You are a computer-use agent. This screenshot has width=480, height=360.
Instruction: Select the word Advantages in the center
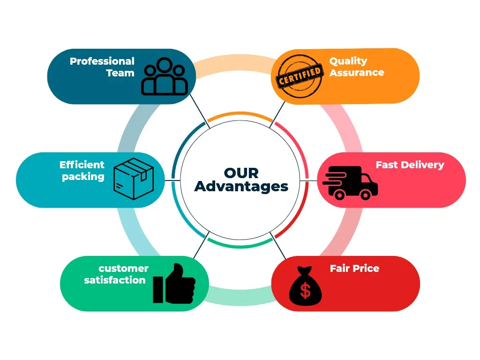click(241, 186)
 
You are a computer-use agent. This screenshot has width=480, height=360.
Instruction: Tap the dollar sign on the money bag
click(306, 291)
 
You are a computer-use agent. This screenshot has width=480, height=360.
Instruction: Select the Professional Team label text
click(102, 67)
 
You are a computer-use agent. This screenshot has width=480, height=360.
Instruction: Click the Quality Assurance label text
click(356, 67)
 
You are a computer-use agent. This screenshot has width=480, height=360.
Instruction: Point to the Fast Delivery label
click(410, 165)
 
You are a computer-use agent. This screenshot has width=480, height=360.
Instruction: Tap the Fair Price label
click(354, 268)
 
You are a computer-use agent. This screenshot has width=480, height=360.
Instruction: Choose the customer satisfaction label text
click(116, 274)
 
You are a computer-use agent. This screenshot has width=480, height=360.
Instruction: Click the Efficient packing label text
click(82, 171)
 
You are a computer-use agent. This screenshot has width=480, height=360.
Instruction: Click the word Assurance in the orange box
click(356, 73)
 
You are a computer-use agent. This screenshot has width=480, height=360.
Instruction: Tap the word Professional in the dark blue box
click(102, 61)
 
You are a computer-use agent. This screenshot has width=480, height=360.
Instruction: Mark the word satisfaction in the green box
click(115, 280)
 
